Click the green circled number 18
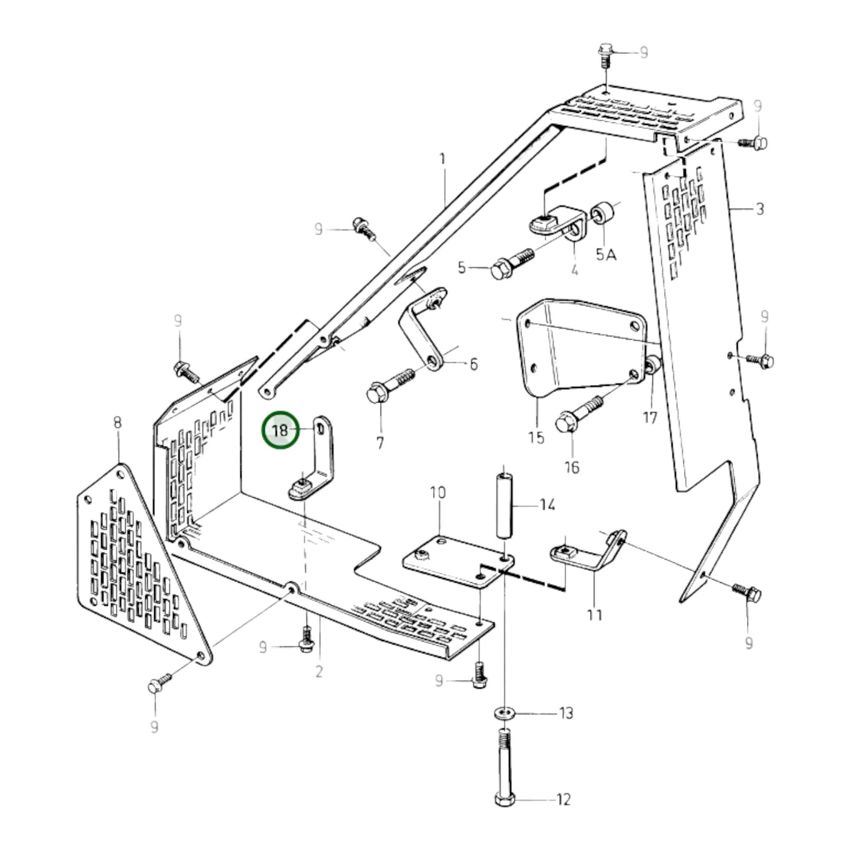click(x=281, y=431)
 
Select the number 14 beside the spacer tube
click(x=547, y=505)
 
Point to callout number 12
click(x=563, y=799)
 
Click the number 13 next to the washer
click(x=565, y=714)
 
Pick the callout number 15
click(x=536, y=438)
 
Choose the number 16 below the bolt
click(x=572, y=467)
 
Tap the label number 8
click(x=118, y=422)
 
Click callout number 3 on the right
click(x=759, y=209)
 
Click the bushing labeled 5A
click(x=605, y=213)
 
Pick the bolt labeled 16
click(x=579, y=414)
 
